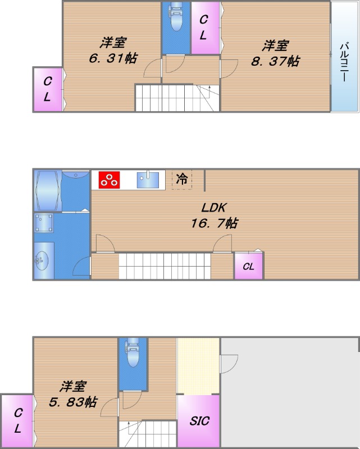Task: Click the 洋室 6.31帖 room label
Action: [x=113, y=51]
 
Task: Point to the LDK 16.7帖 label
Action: [x=214, y=215]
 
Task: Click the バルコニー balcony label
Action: [x=344, y=61]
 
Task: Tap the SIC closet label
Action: [x=199, y=420]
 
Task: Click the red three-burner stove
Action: [x=110, y=180]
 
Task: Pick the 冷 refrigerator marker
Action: [x=181, y=180]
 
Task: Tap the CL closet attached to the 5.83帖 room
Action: [x=17, y=421]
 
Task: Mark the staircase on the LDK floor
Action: [x=164, y=265]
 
